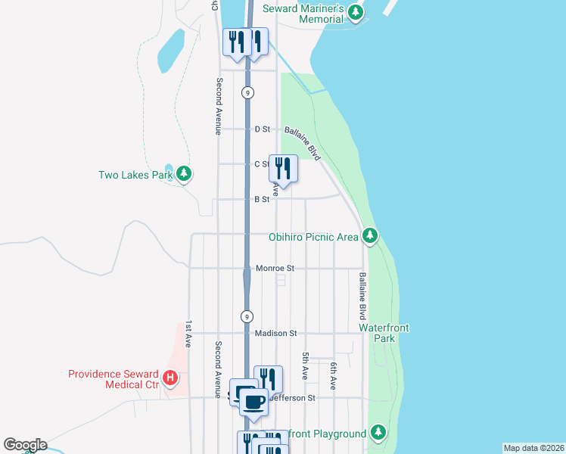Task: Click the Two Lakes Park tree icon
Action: pyautogui.click(x=183, y=175)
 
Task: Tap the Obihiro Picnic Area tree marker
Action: pyautogui.click(x=369, y=237)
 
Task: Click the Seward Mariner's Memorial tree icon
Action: pyautogui.click(x=356, y=13)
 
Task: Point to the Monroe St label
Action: pyautogui.click(x=275, y=269)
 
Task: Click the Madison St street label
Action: pyautogui.click(x=276, y=333)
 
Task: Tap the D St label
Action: pyautogui.click(x=263, y=129)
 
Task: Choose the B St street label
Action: pyautogui.click(x=262, y=200)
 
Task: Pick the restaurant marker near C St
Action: pyautogui.click(x=283, y=169)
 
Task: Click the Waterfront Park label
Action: pyautogui.click(x=384, y=333)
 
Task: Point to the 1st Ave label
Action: pyautogui.click(x=188, y=332)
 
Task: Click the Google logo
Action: pyautogui.click(x=24, y=445)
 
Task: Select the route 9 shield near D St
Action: pyautogui.click(x=247, y=92)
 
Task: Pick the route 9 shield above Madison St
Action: pyautogui.click(x=247, y=316)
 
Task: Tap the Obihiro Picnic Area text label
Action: pyautogui.click(x=313, y=237)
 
